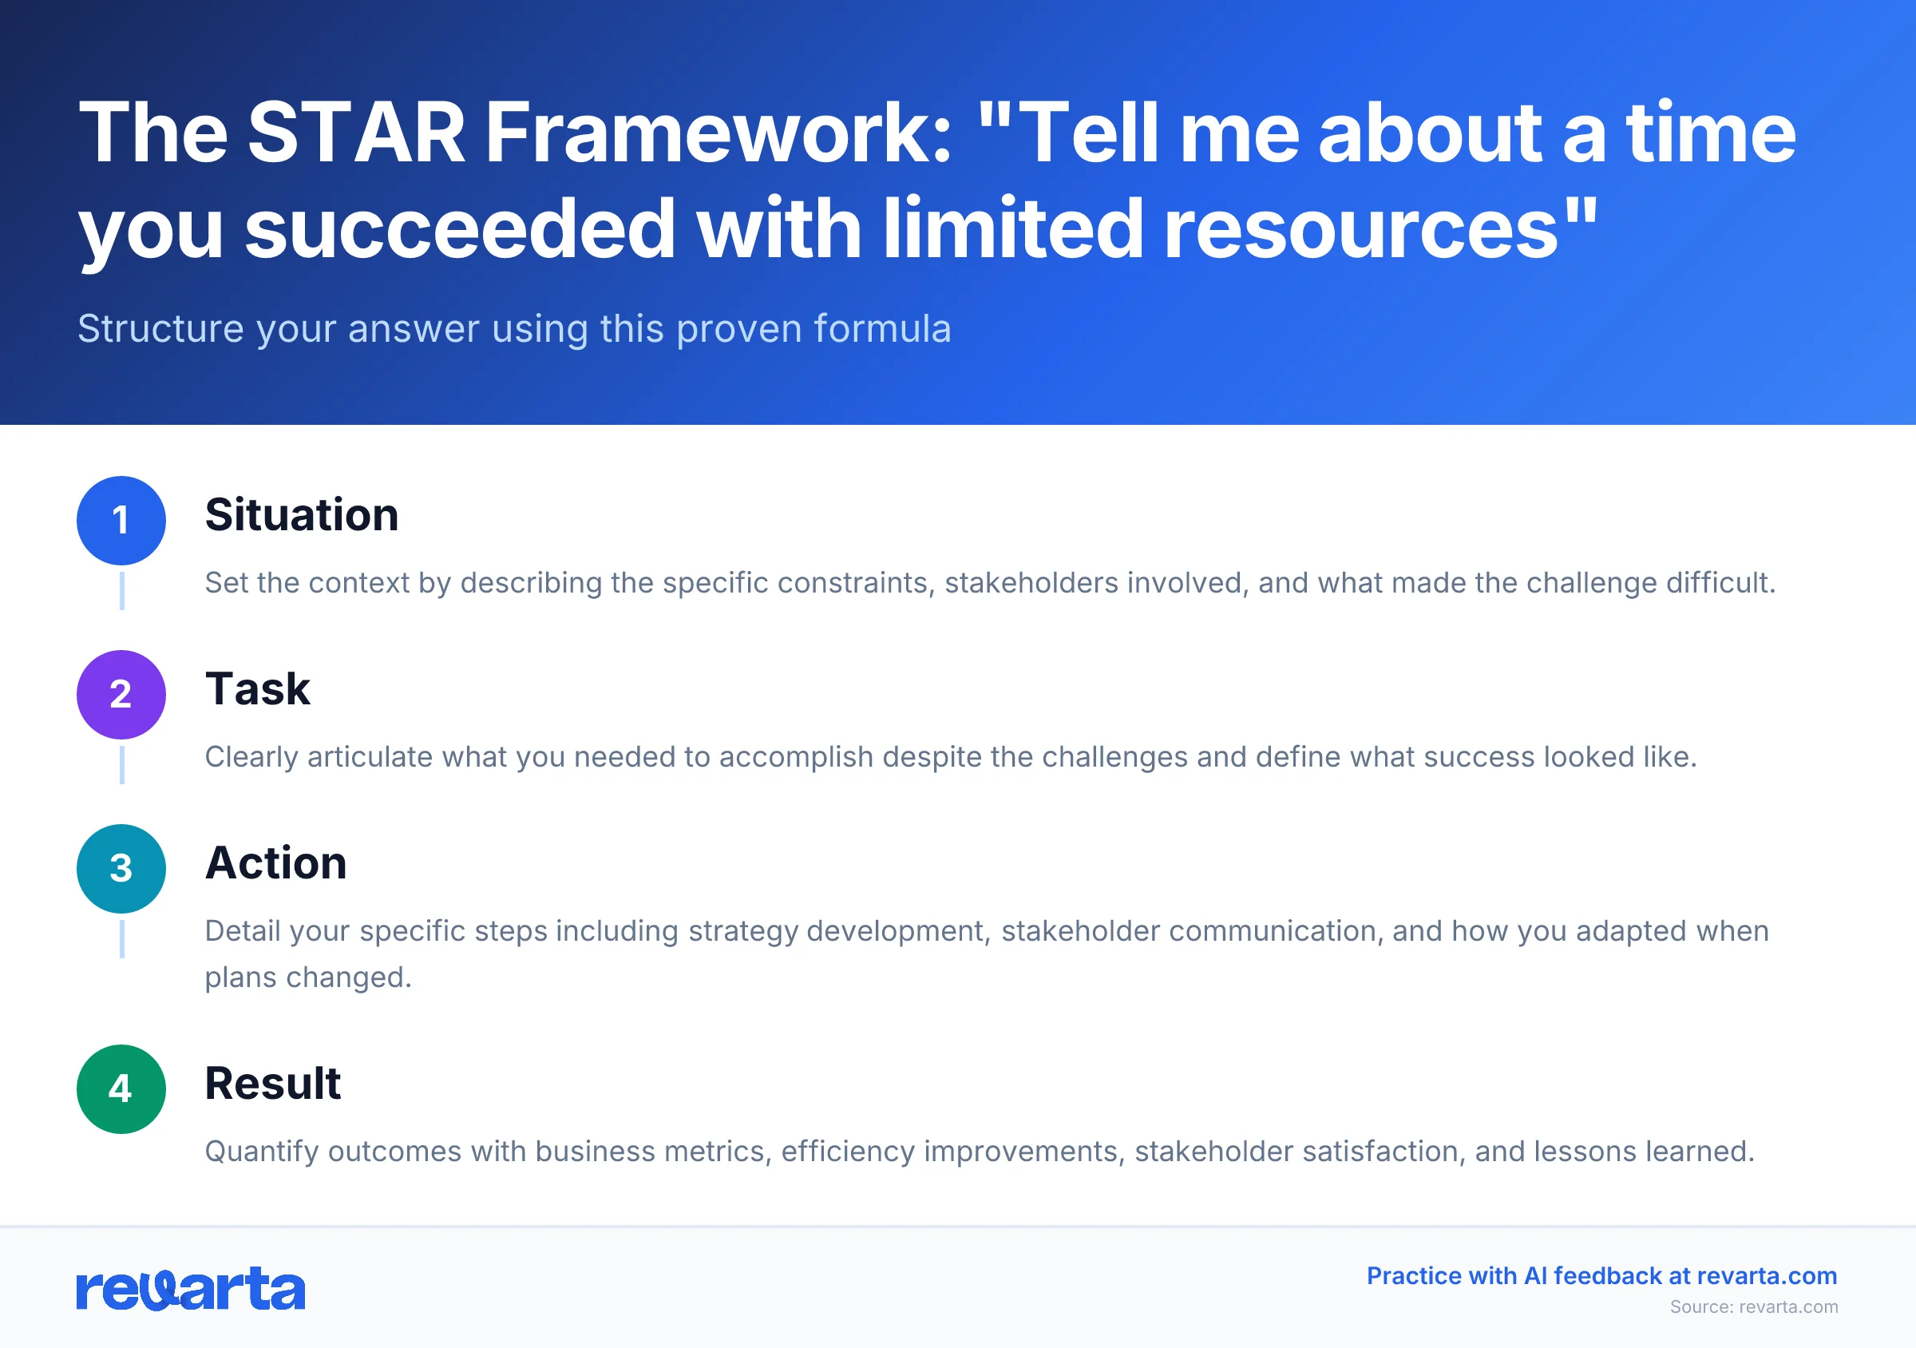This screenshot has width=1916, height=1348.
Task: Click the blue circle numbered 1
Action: click(x=121, y=521)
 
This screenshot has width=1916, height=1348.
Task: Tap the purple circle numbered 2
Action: click(x=121, y=695)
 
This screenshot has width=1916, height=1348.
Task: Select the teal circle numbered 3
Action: click(x=121, y=869)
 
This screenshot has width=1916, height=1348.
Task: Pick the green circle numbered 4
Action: click(x=121, y=1089)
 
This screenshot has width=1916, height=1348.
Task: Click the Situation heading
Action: click(x=301, y=515)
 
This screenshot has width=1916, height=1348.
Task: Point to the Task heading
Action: click(x=257, y=689)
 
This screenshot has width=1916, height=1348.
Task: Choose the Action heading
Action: click(x=275, y=863)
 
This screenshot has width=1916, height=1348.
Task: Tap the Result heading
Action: click(x=273, y=1084)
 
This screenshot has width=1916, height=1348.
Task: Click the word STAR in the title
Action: click(x=356, y=133)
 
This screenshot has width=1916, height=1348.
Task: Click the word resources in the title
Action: click(x=1360, y=228)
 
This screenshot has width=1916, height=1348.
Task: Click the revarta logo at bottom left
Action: click(x=190, y=1290)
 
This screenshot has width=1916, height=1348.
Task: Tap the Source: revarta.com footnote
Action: click(x=1753, y=1307)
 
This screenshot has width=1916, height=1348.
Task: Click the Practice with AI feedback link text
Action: click(x=1601, y=1276)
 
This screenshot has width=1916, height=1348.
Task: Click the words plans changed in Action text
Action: click(x=308, y=977)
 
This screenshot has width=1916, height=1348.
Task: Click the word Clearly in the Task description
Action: click(x=251, y=757)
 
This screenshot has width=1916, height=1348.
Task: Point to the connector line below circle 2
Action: click(x=122, y=765)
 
